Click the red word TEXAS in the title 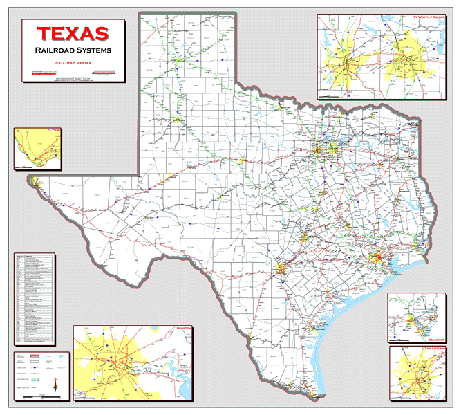(73, 33)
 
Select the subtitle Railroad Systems (73, 50)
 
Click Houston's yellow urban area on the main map (377, 259)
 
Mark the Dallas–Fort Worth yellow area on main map (323, 149)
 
